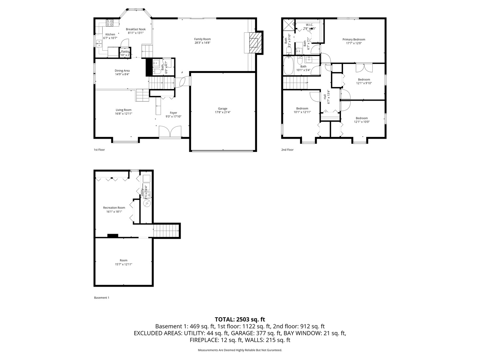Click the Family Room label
click(202, 39)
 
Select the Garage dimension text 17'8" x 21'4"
click(223, 112)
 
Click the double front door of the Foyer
click(170, 132)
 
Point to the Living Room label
click(123, 110)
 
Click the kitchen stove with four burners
click(109, 23)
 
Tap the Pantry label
click(125, 51)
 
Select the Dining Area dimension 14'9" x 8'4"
click(122, 74)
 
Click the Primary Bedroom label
click(354, 39)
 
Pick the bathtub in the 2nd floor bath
click(289, 66)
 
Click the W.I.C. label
click(309, 25)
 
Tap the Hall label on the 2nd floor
click(325, 97)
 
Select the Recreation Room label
click(114, 208)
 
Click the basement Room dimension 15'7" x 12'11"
click(123, 264)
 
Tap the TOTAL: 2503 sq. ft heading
click(240, 319)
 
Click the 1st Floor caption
click(99, 150)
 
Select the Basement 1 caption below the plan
click(102, 298)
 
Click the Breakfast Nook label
click(136, 29)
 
